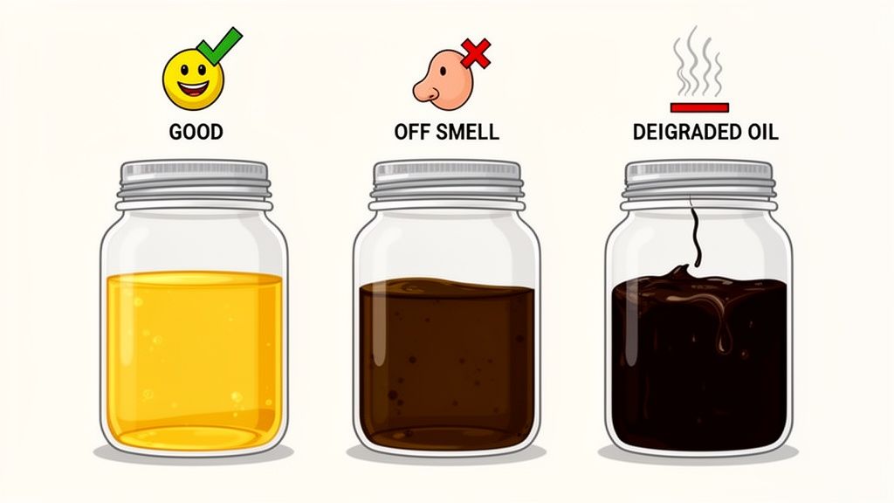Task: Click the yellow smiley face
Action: [191, 77]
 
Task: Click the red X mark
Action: [476, 52]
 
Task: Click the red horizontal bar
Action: [698, 107]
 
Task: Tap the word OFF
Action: [412, 134]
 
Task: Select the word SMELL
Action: [467, 134]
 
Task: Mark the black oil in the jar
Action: [698, 376]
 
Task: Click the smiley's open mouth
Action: [193, 88]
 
